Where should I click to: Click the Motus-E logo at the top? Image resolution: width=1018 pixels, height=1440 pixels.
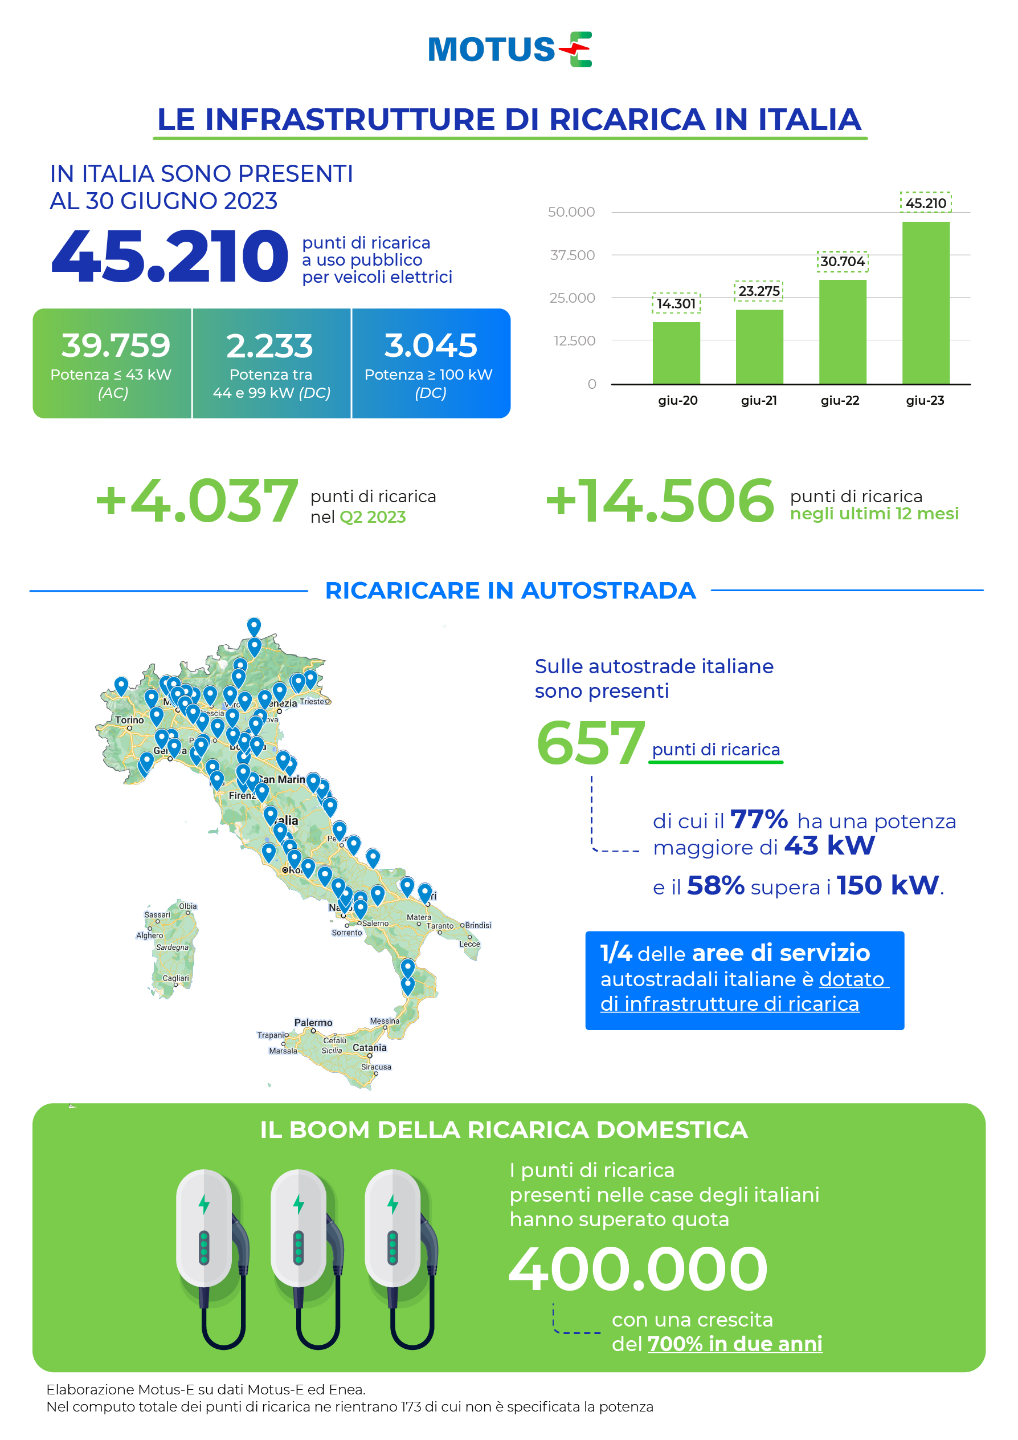(509, 50)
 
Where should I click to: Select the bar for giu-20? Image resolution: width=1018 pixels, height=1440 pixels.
(676, 352)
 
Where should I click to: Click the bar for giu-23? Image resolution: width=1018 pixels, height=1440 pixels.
(925, 302)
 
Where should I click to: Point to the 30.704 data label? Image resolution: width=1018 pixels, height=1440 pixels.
(842, 262)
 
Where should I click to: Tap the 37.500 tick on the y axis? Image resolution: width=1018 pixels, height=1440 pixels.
(572, 255)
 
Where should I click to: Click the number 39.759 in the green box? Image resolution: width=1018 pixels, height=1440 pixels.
(115, 345)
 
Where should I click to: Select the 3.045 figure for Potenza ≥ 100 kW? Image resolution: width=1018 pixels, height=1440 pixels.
(431, 345)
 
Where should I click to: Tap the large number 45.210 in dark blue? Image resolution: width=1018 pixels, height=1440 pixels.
(169, 257)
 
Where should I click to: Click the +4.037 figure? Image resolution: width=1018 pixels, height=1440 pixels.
(196, 501)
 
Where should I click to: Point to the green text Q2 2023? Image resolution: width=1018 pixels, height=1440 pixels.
(373, 518)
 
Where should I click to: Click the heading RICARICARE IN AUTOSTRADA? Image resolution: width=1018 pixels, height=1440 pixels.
(510, 591)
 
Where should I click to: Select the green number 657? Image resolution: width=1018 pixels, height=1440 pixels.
(590, 743)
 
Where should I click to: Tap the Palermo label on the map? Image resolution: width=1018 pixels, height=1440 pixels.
(313, 1023)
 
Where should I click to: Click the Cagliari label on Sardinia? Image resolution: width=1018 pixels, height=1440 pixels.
(175, 978)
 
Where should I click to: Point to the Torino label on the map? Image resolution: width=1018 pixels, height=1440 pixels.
(129, 720)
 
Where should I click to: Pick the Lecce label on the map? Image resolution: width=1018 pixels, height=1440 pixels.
(469, 944)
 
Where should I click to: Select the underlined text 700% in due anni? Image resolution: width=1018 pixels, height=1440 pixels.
(735, 1344)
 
